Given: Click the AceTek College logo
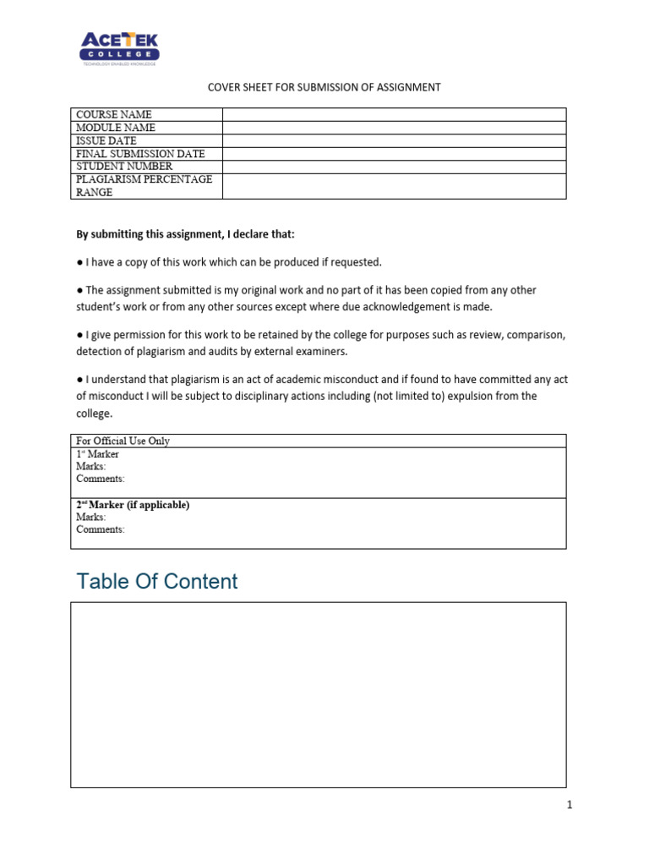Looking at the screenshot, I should point(119,49).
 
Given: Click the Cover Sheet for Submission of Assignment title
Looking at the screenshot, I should point(324,87).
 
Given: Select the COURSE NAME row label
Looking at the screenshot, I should point(114,114).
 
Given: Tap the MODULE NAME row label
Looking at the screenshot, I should point(116,128).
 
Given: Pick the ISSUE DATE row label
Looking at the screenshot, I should point(106,140).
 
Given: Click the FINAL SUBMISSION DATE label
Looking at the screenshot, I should point(140,154).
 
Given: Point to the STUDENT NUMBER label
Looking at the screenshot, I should point(124,167).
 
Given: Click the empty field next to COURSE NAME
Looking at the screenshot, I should point(394,114).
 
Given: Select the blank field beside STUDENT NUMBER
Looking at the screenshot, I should point(394,167).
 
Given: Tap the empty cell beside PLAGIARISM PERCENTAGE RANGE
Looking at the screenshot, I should point(394,186).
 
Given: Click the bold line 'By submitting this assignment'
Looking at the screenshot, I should point(186,233).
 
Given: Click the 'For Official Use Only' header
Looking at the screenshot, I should point(123,441).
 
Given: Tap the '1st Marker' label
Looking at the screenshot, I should point(97,454).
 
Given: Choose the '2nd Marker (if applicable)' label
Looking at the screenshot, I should point(133,505).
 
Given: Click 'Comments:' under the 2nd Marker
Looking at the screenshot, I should point(100,529).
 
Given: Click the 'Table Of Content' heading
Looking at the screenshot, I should point(157,581).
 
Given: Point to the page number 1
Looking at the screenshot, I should point(570,805).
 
